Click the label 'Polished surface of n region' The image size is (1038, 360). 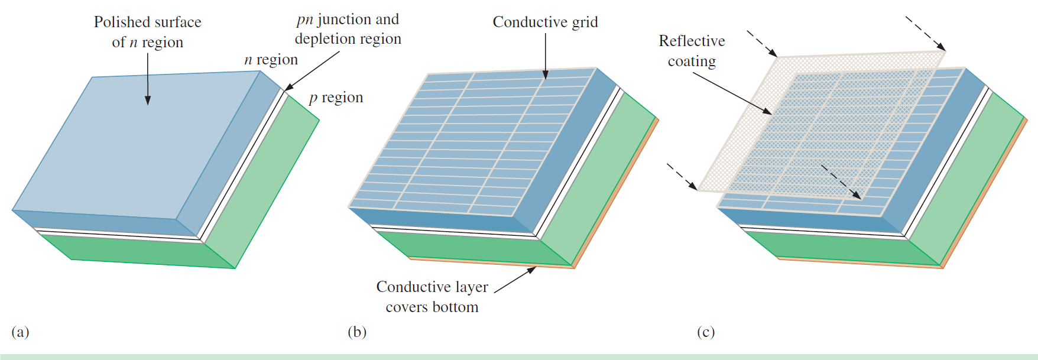pyautogui.click(x=147, y=32)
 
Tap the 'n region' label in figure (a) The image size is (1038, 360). pyautogui.click(x=271, y=60)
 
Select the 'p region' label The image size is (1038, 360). pyautogui.click(x=336, y=98)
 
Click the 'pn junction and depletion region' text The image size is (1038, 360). pyautogui.click(x=348, y=29)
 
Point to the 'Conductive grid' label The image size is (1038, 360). pyautogui.click(x=545, y=22)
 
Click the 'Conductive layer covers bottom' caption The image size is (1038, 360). pyautogui.click(x=432, y=297)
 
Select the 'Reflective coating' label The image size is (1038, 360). pyautogui.click(x=692, y=51)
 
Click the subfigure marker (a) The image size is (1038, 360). pyautogui.click(x=20, y=332)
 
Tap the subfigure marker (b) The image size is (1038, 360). pyautogui.click(x=357, y=332)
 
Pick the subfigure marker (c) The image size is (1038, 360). pyautogui.click(x=706, y=332)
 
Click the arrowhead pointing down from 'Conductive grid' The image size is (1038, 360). pyautogui.click(x=545, y=75)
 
